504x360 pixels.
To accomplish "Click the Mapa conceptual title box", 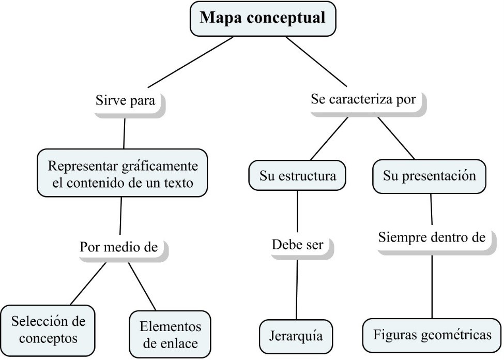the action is click(x=263, y=19).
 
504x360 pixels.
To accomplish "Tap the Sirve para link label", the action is click(x=126, y=101).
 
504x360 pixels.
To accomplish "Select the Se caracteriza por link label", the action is click(x=363, y=99).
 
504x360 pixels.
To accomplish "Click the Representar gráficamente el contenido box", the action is click(x=122, y=173).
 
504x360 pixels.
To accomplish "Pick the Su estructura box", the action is click(x=297, y=175).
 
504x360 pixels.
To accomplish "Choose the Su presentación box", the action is click(x=429, y=176).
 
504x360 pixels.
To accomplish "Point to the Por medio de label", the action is click(x=119, y=247).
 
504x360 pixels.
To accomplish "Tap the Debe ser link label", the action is click(x=298, y=245).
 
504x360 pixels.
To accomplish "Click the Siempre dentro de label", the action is click(x=432, y=237).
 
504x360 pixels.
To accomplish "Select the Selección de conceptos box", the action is click(x=48, y=330).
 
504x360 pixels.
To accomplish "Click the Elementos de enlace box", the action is click(x=170, y=335).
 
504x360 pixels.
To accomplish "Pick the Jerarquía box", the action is click(x=296, y=336).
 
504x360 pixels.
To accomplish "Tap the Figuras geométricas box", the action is click(x=432, y=335).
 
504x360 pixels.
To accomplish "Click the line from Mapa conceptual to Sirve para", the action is click(x=190, y=62).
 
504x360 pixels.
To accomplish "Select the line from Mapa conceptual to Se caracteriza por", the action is click(x=316, y=62).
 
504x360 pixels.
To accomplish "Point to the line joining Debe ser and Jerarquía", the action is click(x=297, y=290).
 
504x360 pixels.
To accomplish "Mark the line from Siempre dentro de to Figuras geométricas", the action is click(x=432, y=287).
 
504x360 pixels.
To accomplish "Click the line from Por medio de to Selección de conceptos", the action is click(x=88, y=284).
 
